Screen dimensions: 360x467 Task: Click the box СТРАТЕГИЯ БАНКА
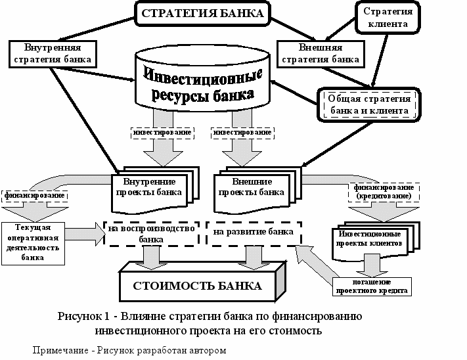203,13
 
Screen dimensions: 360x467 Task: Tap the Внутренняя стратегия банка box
51,53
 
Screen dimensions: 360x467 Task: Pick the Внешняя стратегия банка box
319,53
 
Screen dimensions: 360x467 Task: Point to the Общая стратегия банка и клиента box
368,104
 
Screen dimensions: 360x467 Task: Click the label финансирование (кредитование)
384,192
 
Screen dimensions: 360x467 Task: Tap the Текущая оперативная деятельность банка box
33,242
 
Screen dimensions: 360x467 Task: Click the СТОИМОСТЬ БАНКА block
198,286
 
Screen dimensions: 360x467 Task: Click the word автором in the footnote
206,350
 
